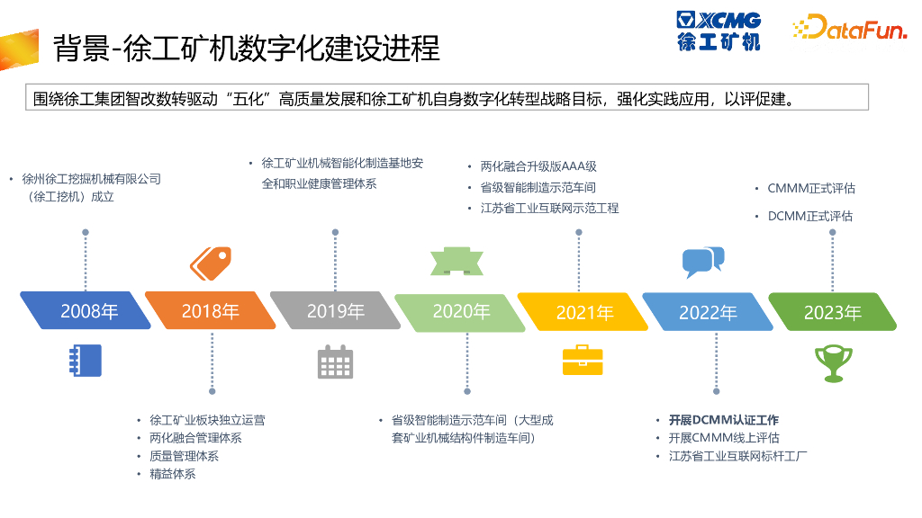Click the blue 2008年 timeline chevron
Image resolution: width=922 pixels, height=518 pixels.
point(86,311)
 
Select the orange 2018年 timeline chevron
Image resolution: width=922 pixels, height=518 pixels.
point(210,311)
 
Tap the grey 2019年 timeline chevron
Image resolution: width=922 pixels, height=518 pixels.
point(335,311)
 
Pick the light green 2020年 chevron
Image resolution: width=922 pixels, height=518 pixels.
point(460,311)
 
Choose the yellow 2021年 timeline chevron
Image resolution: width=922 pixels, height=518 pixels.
point(583,312)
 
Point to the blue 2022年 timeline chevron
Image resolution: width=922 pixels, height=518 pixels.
point(708,312)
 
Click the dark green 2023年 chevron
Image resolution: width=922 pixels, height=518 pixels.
point(832,312)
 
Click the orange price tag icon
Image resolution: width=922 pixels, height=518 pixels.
point(211,262)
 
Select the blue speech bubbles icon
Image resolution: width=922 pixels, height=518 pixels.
point(702,261)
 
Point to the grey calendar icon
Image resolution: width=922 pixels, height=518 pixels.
point(335,362)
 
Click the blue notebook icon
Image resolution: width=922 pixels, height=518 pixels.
point(86,360)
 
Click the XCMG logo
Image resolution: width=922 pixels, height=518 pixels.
point(719,31)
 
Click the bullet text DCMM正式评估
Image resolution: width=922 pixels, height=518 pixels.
point(809,216)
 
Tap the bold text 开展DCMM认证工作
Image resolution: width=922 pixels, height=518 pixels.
point(723,420)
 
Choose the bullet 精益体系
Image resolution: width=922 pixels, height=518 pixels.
point(172,474)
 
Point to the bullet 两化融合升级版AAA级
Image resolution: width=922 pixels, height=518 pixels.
point(538,166)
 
